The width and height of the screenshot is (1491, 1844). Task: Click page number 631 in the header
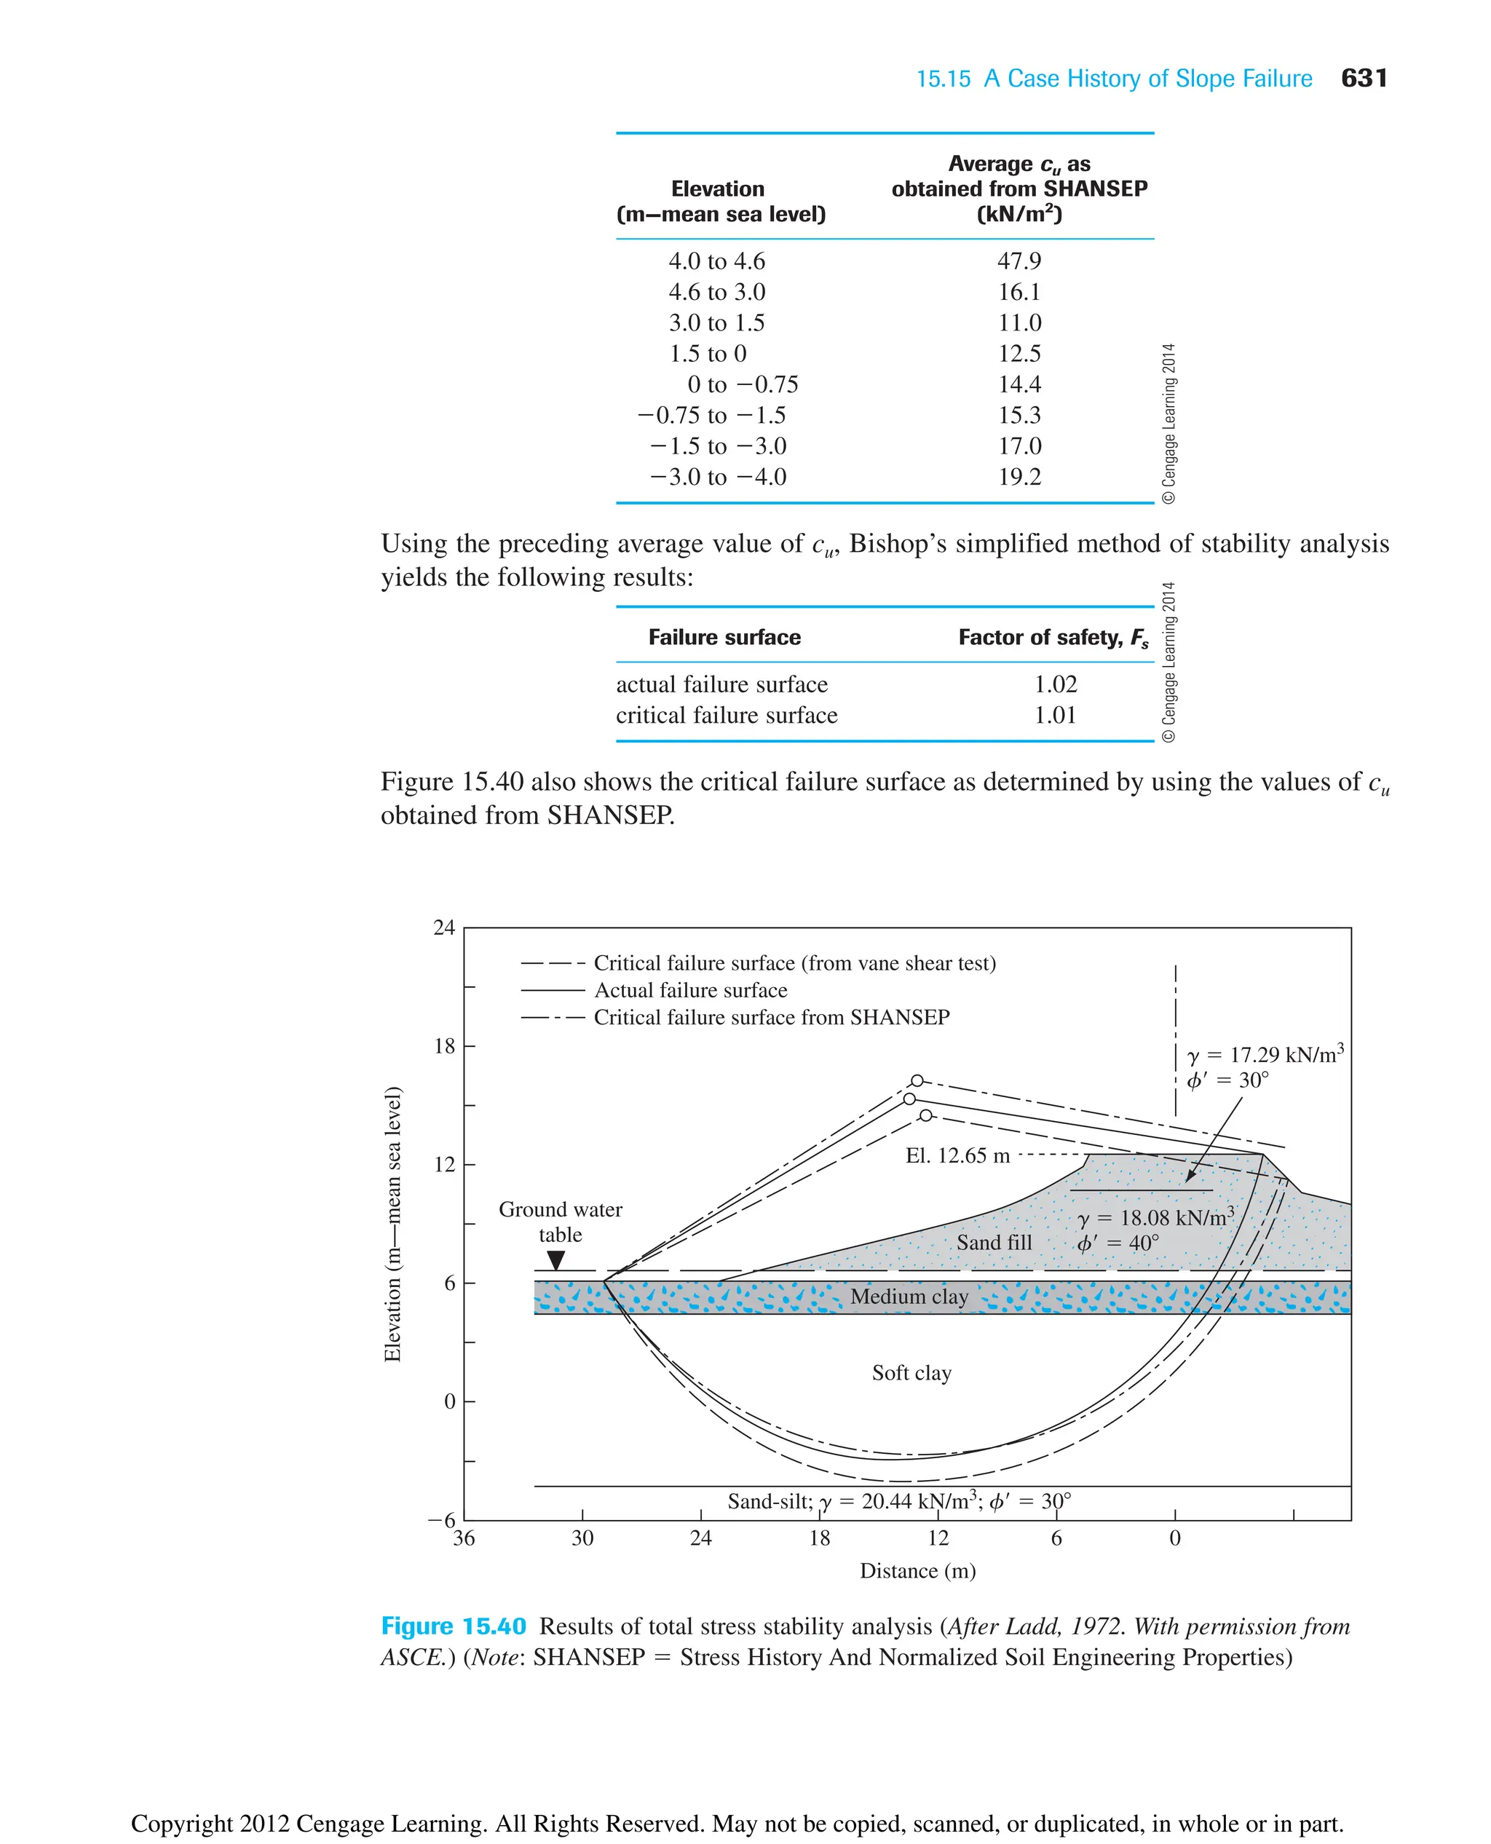(x=1363, y=78)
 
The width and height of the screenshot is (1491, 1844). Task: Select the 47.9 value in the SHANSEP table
(x=1019, y=261)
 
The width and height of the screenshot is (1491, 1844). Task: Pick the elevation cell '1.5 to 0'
(x=708, y=354)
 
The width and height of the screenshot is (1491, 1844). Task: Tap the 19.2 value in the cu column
(x=1019, y=477)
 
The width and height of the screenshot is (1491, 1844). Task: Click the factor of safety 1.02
(x=1055, y=684)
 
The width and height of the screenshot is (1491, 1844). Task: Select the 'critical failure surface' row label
(x=726, y=716)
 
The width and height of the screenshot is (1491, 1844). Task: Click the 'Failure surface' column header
(x=724, y=637)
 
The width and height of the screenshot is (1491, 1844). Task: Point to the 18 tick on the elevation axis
(x=444, y=1046)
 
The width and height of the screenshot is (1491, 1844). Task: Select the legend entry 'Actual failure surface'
(x=690, y=990)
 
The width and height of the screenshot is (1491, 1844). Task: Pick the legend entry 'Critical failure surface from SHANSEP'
(x=771, y=1018)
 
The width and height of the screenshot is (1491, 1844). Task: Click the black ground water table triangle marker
(x=555, y=1260)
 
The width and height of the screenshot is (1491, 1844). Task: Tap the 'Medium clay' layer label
(x=909, y=1297)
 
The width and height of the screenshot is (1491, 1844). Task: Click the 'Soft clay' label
(x=911, y=1373)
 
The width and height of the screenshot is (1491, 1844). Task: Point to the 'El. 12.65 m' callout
(x=957, y=1156)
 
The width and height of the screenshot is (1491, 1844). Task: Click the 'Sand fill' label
(x=994, y=1243)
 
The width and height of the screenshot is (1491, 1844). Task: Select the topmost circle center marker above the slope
(x=917, y=1080)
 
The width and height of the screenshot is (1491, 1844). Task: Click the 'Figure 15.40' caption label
(x=453, y=1627)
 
